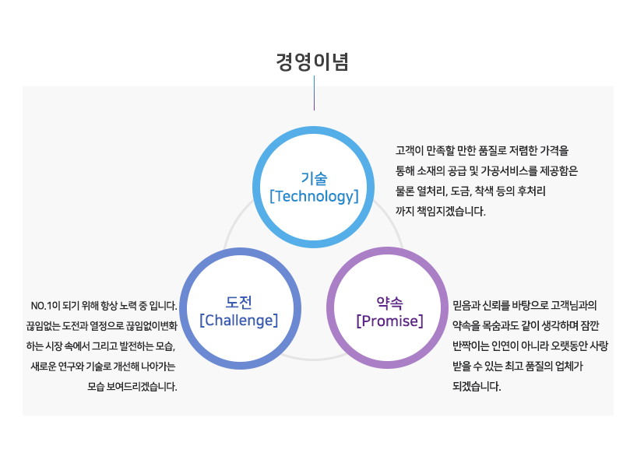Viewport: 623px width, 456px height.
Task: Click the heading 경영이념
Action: coord(312,62)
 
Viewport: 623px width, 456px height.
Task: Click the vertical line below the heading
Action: coord(315,93)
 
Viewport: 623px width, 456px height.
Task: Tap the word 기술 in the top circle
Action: coord(314,179)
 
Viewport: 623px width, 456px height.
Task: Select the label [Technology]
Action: coord(314,196)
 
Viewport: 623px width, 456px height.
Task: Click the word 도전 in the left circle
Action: coord(238,303)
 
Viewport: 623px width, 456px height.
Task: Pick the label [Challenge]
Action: coord(238,320)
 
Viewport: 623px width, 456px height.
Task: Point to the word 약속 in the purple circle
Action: coord(390,303)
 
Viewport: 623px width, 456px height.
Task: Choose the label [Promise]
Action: coord(390,321)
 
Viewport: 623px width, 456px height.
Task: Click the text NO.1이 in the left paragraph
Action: coord(45,306)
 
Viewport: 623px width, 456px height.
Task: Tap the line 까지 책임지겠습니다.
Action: coord(441,211)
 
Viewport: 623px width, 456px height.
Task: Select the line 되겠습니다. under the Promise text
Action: coord(477,386)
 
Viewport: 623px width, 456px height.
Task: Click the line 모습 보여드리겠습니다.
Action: coord(132,387)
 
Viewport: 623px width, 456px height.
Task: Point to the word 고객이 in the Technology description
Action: coord(409,150)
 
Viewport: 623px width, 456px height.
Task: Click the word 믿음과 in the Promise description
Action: coord(466,305)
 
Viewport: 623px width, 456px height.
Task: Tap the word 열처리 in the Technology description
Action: coord(431,191)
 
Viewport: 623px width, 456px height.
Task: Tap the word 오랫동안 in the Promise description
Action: coord(564,346)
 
